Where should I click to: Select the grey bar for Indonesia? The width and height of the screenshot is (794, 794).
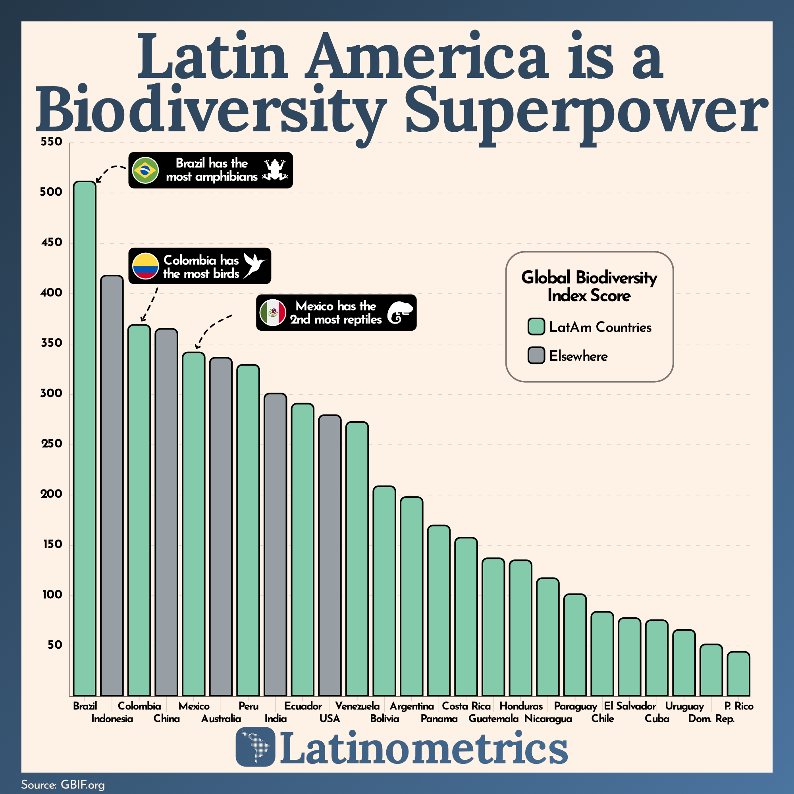click(x=112, y=485)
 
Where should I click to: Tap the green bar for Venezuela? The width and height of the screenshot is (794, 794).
click(x=357, y=559)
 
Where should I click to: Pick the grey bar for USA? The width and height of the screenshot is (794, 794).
click(x=330, y=555)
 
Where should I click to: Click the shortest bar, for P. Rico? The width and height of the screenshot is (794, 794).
click(x=738, y=674)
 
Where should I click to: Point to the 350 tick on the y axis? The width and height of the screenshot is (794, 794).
click(x=51, y=343)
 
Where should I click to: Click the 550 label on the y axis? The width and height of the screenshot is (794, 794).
click(x=51, y=142)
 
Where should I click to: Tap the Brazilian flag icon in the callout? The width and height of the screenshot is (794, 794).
click(x=145, y=170)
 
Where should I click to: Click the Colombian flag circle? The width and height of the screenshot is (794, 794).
click(x=145, y=266)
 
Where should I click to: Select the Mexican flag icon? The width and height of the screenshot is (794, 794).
click(x=273, y=312)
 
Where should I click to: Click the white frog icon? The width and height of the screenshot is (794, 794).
click(x=275, y=170)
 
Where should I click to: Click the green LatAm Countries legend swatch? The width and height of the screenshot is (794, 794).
click(x=536, y=327)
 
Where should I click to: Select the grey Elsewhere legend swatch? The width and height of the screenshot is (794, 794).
click(x=536, y=355)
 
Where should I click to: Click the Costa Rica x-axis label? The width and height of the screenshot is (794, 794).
click(x=466, y=706)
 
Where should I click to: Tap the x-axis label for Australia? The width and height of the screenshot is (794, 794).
click(x=221, y=719)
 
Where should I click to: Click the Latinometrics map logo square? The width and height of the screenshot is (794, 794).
click(x=255, y=747)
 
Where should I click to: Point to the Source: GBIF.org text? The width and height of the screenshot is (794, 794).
click(x=63, y=784)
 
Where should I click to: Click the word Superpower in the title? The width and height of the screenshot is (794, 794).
click(x=586, y=111)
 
